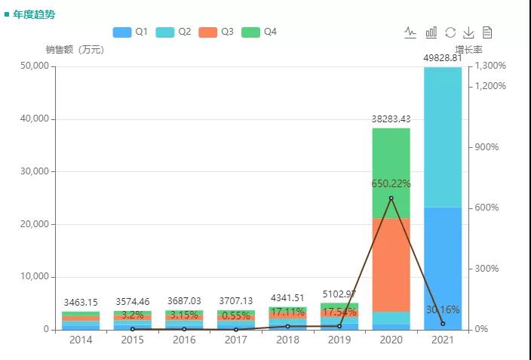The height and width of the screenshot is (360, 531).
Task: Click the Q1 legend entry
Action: (x=130, y=32)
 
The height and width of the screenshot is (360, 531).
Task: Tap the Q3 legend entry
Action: (x=216, y=32)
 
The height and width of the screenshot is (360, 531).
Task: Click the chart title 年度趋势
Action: (x=34, y=14)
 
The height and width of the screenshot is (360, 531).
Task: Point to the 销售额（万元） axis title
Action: (x=75, y=50)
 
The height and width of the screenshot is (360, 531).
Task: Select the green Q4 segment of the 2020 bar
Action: (x=391, y=173)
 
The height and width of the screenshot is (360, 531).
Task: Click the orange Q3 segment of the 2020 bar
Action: (x=391, y=264)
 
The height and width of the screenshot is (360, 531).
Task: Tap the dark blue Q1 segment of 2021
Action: (x=443, y=268)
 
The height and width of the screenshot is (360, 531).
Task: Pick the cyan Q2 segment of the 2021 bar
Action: (x=443, y=137)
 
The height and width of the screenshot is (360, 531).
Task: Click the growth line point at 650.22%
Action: (x=391, y=198)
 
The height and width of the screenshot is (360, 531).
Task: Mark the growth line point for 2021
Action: (x=443, y=324)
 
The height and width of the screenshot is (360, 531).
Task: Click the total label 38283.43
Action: (x=391, y=118)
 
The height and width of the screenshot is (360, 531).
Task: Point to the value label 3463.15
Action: (x=81, y=303)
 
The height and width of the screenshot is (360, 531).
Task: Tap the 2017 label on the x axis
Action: (x=236, y=340)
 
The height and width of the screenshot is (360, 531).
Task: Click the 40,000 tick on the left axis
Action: (x=33, y=119)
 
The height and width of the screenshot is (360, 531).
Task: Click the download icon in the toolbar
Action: (x=468, y=32)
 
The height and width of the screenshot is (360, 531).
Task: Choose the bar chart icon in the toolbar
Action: (x=431, y=32)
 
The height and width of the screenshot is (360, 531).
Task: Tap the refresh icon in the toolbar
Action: (x=450, y=32)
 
